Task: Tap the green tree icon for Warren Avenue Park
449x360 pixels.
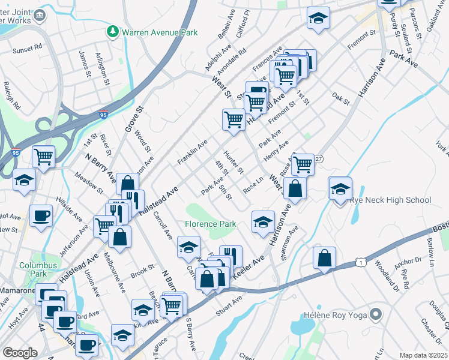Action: [x=112, y=31]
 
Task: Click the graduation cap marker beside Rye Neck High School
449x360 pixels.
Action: [x=340, y=188]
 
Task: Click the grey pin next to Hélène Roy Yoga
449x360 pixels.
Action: [x=376, y=313]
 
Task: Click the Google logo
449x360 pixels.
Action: [x=20, y=352]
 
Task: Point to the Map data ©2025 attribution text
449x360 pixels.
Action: [x=424, y=355]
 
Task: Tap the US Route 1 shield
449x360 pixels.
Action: [x=360, y=262]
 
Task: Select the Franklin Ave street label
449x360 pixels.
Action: [x=192, y=153]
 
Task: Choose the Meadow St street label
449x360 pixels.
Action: [x=89, y=182]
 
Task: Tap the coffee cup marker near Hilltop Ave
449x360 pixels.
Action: [x=41, y=215]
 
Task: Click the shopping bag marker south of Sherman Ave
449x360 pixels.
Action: [x=324, y=258]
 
